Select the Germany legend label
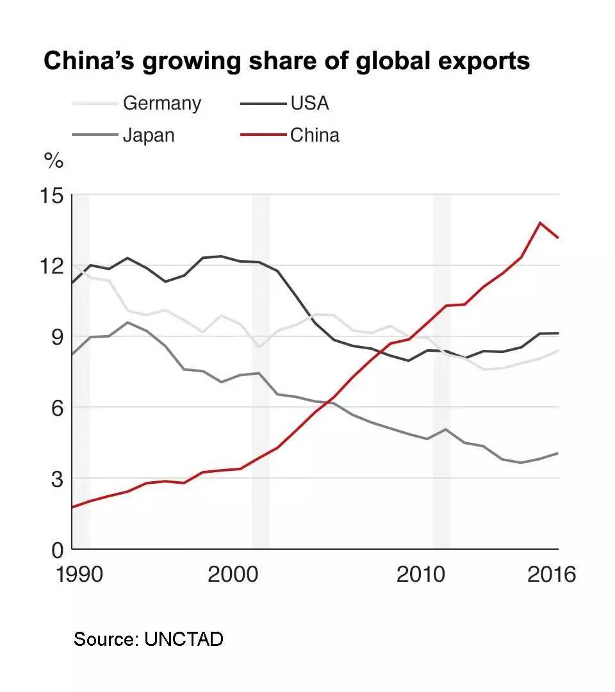point(161,103)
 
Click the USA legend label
point(309,103)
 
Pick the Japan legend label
point(149,135)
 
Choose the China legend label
point(315,135)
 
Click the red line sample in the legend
point(262,135)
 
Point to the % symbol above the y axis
point(54,161)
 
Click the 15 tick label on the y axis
point(53,195)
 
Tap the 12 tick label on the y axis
point(53,265)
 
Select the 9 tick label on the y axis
point(58,336)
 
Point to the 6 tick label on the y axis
point(58,408)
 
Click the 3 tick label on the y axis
point(58,478)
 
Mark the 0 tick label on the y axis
point(58,549)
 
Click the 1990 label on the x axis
point(79,574)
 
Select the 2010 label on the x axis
point(420,574)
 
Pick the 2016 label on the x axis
point(551,574)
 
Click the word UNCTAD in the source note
point(184,639)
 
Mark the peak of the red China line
point(540,222)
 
